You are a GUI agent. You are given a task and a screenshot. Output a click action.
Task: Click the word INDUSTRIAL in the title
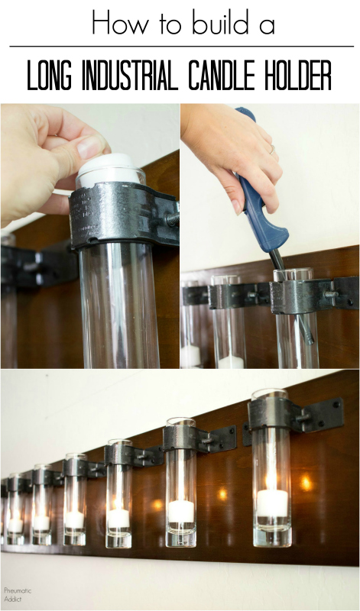click(x=131, y=75)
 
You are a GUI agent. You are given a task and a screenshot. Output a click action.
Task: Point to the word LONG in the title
click(x=50, y=75)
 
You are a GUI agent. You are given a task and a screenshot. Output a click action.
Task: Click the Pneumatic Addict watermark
click(x=18, y=595)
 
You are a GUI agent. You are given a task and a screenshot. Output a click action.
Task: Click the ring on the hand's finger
click(x=272, y=149)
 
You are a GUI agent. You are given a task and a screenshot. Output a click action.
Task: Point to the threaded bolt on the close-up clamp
click(x=172, y=218)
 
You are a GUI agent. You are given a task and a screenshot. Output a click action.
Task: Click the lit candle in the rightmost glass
click(x=272, y=503)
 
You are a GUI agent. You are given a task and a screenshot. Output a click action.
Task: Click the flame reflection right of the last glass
click(x=306, y=483)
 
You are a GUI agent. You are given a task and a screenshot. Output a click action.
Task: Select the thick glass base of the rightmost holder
click(x=272, y=536)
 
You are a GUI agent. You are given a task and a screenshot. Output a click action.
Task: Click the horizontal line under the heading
click(x=181, y=47)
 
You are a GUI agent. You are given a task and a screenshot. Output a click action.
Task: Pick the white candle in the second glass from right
click(x=181, y=511)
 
